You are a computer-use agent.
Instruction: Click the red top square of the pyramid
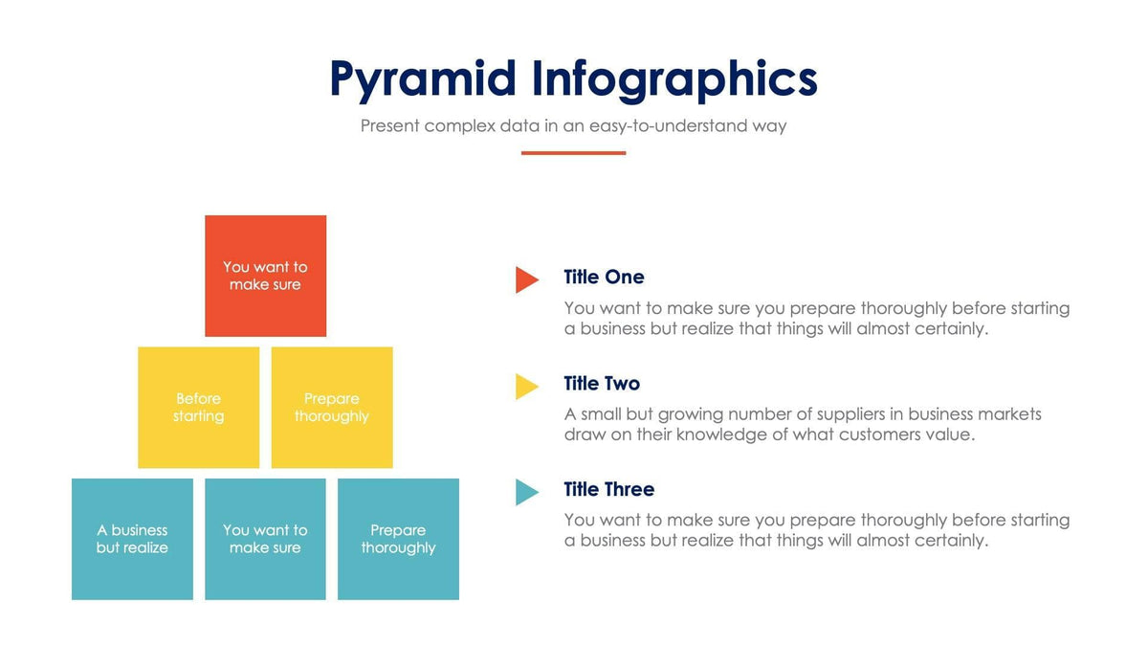pos(265,276)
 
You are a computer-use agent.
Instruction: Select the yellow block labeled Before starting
pos(198,407)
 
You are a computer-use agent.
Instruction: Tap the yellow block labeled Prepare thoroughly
pos(331,407)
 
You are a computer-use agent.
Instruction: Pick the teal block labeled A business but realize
pos(132,539)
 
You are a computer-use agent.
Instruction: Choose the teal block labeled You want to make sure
pos(265,539)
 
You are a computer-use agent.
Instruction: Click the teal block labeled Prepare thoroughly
pos(398,539)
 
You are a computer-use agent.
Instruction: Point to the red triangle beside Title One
pos(526,279)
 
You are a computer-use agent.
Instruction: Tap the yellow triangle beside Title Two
pos(526,386)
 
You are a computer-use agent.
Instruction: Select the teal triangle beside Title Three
pos(526,492)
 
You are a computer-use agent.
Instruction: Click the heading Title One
pos(604,278)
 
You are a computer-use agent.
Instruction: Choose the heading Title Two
pos(602,384)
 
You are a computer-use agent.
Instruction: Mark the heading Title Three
pos(608,490)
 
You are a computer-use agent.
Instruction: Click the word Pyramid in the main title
pos(423,80)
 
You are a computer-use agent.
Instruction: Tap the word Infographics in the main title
pos(674,80)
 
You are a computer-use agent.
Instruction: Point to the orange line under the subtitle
pos(573,152)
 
